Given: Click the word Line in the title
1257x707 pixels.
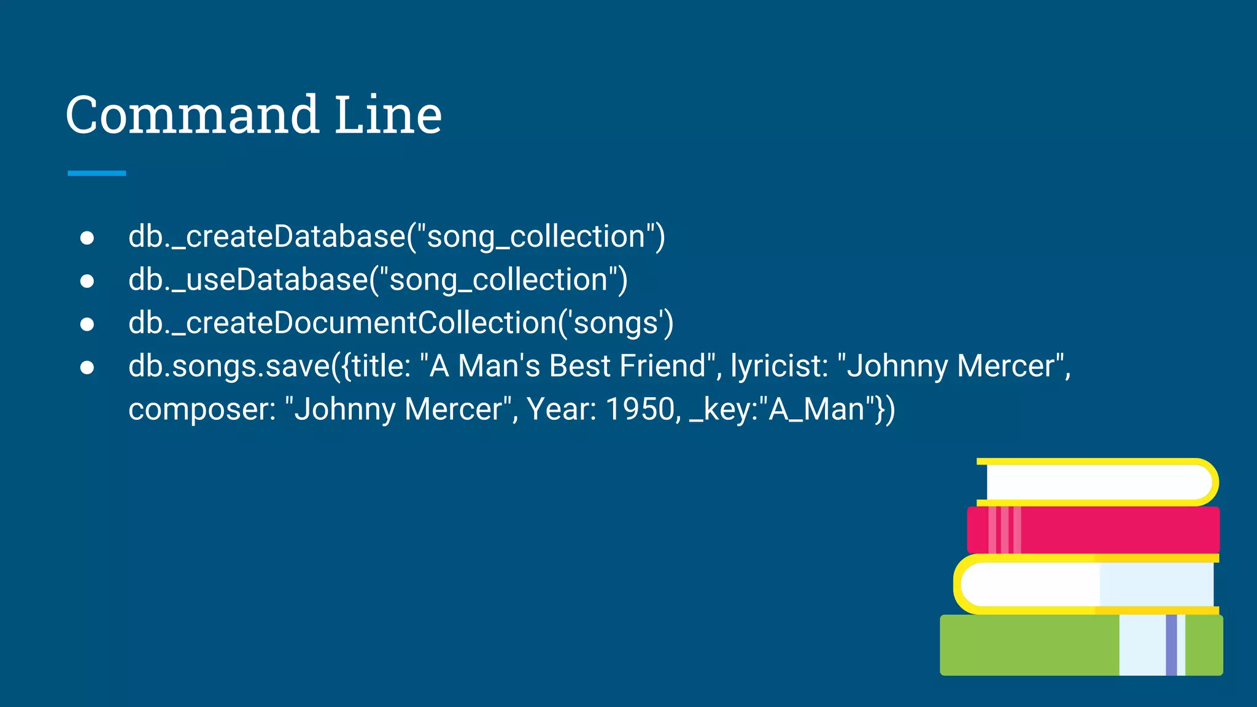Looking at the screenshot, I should pos(388,115).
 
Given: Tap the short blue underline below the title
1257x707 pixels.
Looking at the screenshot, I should pos(96,174).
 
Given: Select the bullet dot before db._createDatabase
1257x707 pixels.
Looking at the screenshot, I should pos(87,238).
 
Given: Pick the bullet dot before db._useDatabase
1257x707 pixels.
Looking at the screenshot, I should pos(87,281).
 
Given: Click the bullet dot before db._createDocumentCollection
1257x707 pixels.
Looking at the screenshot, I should pos(87,324).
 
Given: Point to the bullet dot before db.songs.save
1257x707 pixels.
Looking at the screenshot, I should pos(87,367).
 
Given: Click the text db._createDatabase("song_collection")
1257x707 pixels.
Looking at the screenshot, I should pos(396,237).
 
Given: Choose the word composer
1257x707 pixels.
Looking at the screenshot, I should pos(202,409).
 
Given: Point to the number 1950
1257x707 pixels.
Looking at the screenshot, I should pos(640,409).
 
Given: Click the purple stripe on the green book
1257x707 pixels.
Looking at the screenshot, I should pos(1171,645).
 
